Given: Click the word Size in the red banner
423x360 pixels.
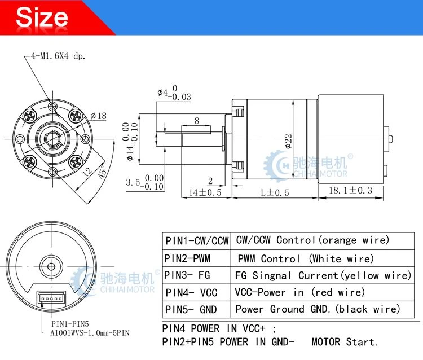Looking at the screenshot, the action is click(x=42, y=17).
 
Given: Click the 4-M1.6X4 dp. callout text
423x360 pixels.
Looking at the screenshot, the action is click(x=58, y=56).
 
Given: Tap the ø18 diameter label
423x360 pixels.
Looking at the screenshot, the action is click(x=99, y=116).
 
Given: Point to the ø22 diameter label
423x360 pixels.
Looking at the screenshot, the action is click(x=288, y=141).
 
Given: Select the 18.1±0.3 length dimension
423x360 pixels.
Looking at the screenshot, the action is click(x=350, y=191).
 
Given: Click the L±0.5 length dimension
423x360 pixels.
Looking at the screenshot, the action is click(x=275, y=192).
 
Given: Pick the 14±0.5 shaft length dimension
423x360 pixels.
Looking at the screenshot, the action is click(x=205, y=192).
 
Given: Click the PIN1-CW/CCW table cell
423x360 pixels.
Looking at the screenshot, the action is click(x=196, y=241).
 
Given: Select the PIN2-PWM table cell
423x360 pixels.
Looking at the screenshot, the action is click(x=196, y=258).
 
